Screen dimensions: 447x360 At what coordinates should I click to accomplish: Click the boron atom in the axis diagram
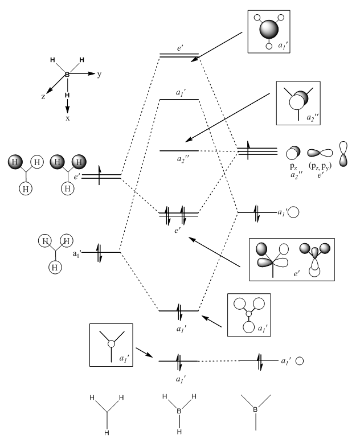pos(67,75)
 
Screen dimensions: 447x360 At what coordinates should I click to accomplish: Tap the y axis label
pos(99,74)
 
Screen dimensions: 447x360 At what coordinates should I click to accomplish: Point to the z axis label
pos(43,97)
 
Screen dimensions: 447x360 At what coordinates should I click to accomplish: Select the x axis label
pos(68,119)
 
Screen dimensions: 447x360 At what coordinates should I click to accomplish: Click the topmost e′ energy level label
pos(179,49)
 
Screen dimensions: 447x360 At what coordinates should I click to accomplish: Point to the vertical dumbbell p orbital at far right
pos(343,153)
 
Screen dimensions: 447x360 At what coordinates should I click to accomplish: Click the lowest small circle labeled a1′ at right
pos(299,361)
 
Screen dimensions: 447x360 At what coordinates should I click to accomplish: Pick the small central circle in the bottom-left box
pos(111,344)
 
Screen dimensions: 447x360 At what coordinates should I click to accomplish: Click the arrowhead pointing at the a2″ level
pos(185,142)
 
